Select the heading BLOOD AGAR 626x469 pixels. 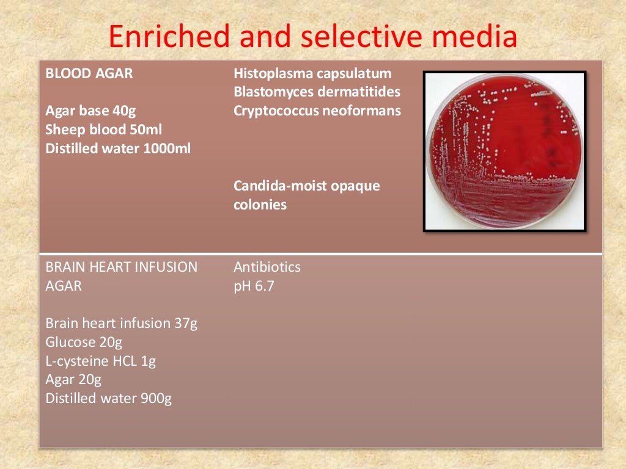(89, 75)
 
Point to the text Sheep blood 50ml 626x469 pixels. (104, 129)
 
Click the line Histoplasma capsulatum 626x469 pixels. (312, 75)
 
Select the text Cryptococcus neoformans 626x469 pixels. (317, 111)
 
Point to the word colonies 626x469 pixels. (260, 205)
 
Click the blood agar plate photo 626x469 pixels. (504, 151)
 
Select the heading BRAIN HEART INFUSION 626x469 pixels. (122, 267)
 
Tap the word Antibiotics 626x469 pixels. (267, 267)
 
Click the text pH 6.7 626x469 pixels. (254, 286)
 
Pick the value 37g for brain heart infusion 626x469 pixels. (186, 323)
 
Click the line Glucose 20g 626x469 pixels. (84, 342)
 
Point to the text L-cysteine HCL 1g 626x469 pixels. (101, 361)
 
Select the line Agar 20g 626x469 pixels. (73, 380)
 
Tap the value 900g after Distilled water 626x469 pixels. (157, 399)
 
